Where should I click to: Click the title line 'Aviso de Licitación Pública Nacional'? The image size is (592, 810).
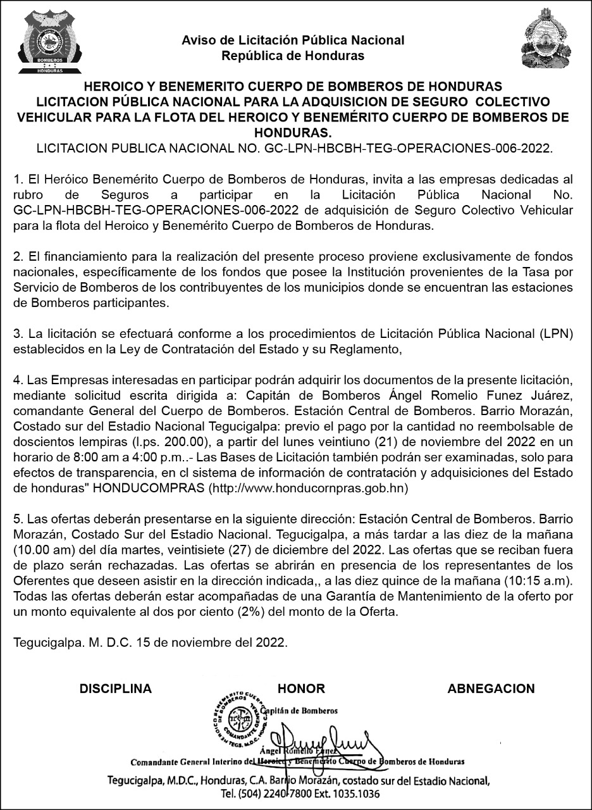293,40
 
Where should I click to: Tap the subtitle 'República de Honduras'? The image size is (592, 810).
293,56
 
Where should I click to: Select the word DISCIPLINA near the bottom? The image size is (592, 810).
116,688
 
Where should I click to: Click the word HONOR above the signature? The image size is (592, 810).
301,688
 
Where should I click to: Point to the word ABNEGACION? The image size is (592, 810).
491,688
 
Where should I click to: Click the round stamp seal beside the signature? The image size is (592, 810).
238,719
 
